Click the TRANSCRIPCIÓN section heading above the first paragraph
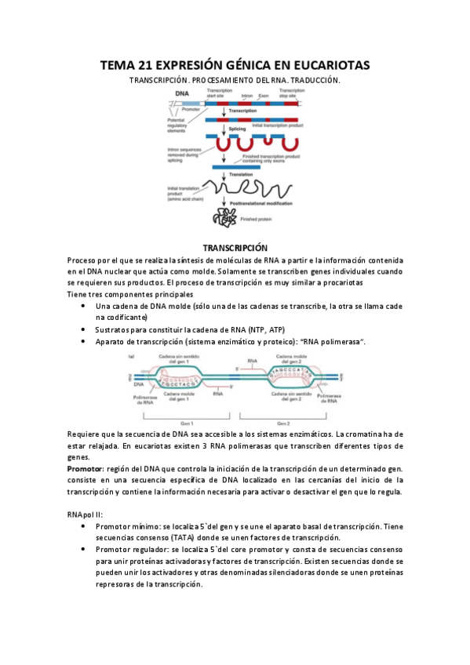(235, 247)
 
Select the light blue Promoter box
(191, 104)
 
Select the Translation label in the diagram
(241, 174)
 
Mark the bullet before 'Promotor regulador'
(84, 550)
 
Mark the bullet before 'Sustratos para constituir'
(84, 330)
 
